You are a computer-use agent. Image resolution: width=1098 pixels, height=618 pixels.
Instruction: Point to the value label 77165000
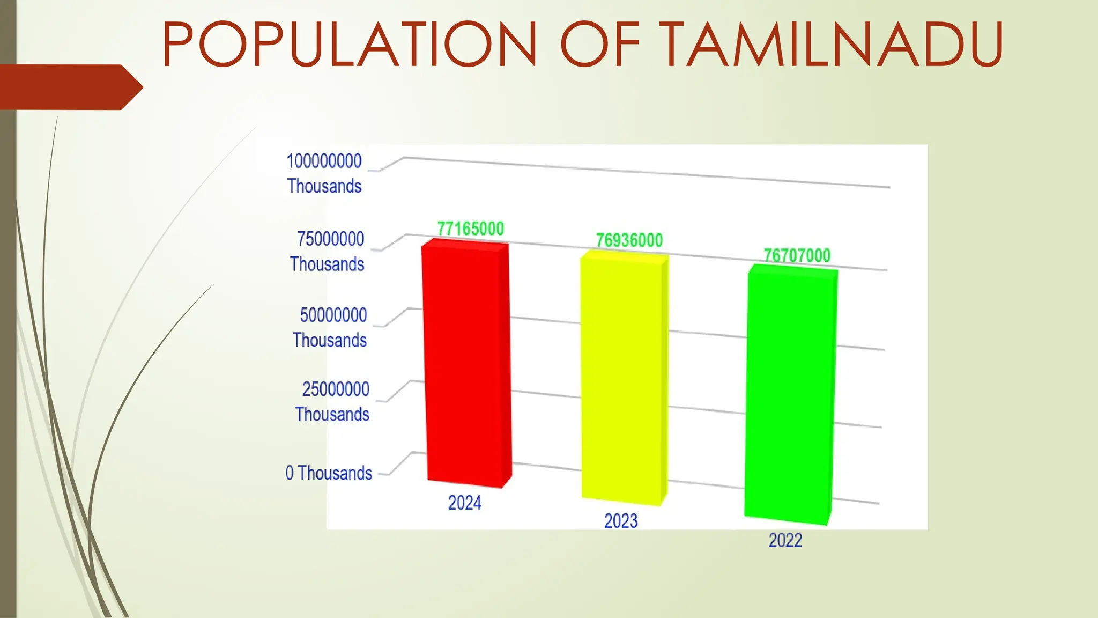(470, 229)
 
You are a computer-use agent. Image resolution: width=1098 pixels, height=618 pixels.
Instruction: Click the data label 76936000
(629, 240)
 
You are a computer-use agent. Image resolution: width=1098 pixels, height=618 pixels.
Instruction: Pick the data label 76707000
(797, 255)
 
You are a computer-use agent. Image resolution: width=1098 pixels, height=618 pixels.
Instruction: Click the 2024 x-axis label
(464, 503)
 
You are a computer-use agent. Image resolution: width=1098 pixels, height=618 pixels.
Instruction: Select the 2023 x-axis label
(621, 521)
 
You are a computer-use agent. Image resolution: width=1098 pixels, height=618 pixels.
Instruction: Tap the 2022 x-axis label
(785, 540)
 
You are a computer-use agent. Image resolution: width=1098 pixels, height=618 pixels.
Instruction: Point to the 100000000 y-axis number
(324, 161)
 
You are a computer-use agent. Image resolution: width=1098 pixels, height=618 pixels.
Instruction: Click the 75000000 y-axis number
(330, 239)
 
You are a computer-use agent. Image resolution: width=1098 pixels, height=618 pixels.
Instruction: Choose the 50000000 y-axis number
(333, 315)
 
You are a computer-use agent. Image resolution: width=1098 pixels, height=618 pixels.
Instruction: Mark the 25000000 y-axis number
(336, 389)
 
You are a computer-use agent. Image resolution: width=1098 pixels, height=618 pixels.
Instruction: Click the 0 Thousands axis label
(329, 473)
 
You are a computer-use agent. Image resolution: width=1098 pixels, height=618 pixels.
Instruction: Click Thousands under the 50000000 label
(330, 340)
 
